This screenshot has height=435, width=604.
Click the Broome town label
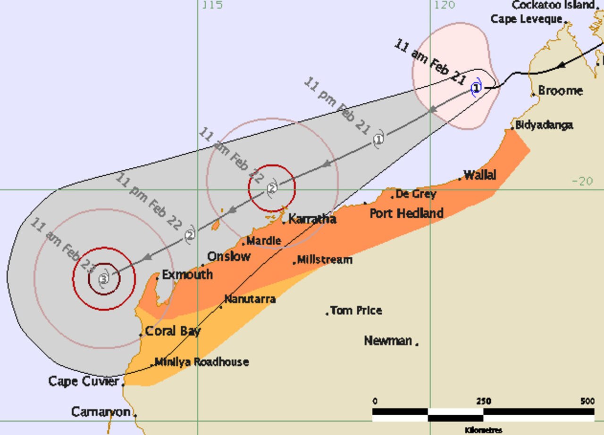tap(560, 90)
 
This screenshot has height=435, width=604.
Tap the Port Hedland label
tap(406, 213)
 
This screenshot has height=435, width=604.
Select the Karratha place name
tap(312, 219)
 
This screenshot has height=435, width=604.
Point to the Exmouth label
tap(187, 274)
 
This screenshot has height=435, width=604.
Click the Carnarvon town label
tap(101, 412)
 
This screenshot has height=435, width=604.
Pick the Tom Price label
tap(356, 310)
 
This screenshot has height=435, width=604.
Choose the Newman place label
tap(388, 340)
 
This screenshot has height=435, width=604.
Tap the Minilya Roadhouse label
tap(201, 362)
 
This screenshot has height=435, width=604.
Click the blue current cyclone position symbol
tap(477, 88)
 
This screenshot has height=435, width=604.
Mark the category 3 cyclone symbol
tap(104, 279)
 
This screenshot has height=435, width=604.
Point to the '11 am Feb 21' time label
tap(429, 62)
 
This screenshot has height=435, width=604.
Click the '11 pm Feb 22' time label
tap(148, 202)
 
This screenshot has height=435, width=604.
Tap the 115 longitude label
tap(212, 5)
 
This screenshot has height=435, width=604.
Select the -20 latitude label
tap(582, 181)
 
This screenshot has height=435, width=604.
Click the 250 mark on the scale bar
tap(483, 401)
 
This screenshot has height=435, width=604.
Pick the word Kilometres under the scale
tap(483, 430)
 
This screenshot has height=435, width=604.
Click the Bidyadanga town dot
tap(512, 128)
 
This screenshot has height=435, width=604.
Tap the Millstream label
tap(325, 260)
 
